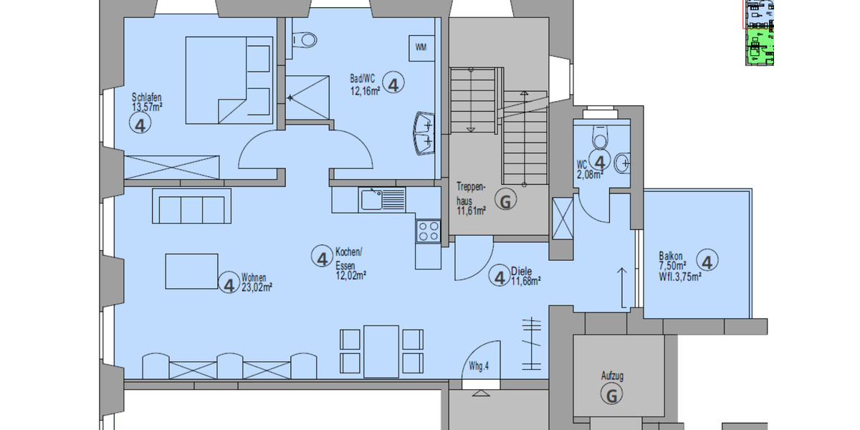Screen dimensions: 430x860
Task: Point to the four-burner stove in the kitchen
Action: (428, 231)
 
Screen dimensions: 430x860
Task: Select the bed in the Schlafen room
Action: (228, 80)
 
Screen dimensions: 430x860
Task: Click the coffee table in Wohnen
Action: (191, 271)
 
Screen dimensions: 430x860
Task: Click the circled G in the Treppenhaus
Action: (506, 202)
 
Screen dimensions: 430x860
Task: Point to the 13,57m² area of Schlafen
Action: (147, 107)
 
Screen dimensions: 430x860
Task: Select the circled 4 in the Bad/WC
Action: (393, 84)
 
